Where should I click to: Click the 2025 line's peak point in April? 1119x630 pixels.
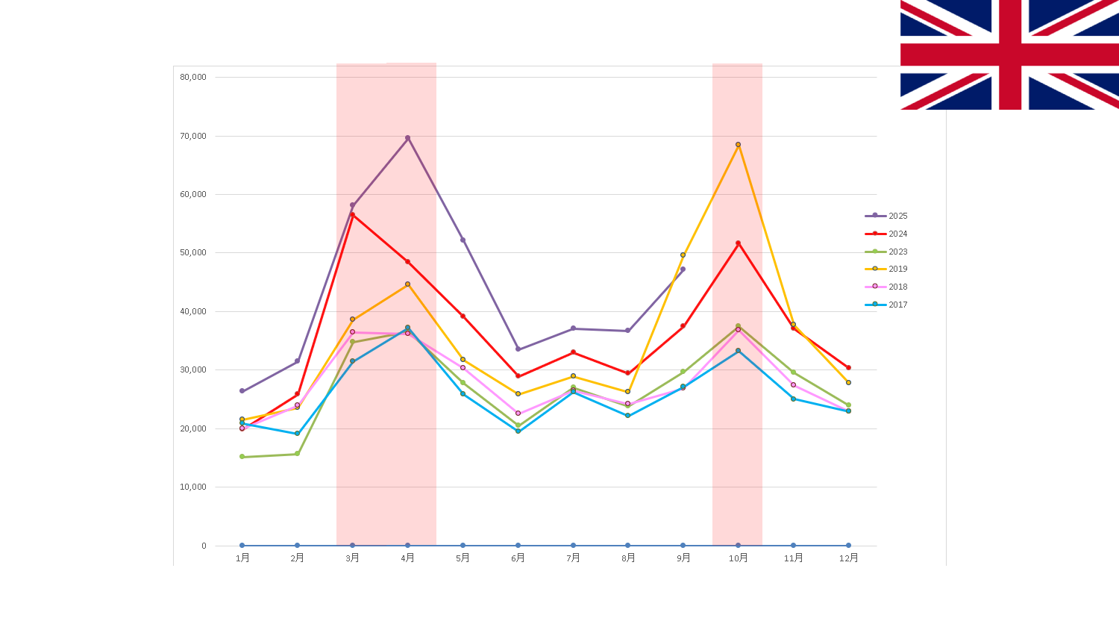tap(407, 138)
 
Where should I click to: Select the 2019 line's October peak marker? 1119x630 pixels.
tap(739, 145)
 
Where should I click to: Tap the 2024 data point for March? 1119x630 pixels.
tap(353, 214)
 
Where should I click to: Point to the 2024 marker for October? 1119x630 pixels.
tap(739, 243)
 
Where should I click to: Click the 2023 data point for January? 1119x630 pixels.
tap(242, 457)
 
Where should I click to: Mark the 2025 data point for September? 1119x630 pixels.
tap(683, 269)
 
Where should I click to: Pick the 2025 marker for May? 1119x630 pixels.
tap(463, 240)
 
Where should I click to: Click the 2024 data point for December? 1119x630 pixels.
tap(848, 367)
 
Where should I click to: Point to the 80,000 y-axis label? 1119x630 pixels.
tap(193, 77)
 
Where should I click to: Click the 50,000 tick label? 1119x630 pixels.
tap(193, 252)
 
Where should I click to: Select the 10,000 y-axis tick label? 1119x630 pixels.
tap(193, 487)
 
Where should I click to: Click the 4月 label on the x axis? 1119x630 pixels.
tap(407, 558)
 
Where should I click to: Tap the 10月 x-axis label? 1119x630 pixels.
tap(739, 558)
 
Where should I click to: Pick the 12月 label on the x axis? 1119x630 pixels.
tap(848, 558)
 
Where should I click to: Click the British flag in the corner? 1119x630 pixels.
tap(1009, 54)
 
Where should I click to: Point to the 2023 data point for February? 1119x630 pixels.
tap(297, 454)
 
